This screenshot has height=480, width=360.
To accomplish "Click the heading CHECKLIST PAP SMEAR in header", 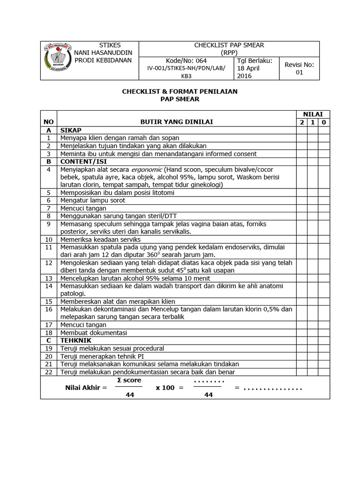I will click(x=229, y=45).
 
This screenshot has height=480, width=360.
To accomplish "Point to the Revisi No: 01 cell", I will click(x=299, y=68).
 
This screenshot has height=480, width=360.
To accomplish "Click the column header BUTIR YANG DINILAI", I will click(x=177, y=122).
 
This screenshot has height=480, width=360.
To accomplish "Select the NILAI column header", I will click(x=312, y=114).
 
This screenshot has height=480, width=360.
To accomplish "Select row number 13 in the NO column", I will click(x=48, y=278).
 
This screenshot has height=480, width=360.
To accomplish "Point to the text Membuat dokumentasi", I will click(x=94, y=333).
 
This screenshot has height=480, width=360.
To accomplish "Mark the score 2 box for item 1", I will click(x=301, y=138).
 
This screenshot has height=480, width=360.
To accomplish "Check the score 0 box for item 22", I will click(x=324, y=372).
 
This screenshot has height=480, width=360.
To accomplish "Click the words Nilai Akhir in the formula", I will click(x=83, y=388).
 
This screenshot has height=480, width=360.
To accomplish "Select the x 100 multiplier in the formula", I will click(x=165, y=388).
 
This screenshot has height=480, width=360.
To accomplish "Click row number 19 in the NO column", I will click(x=48, y=348).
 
